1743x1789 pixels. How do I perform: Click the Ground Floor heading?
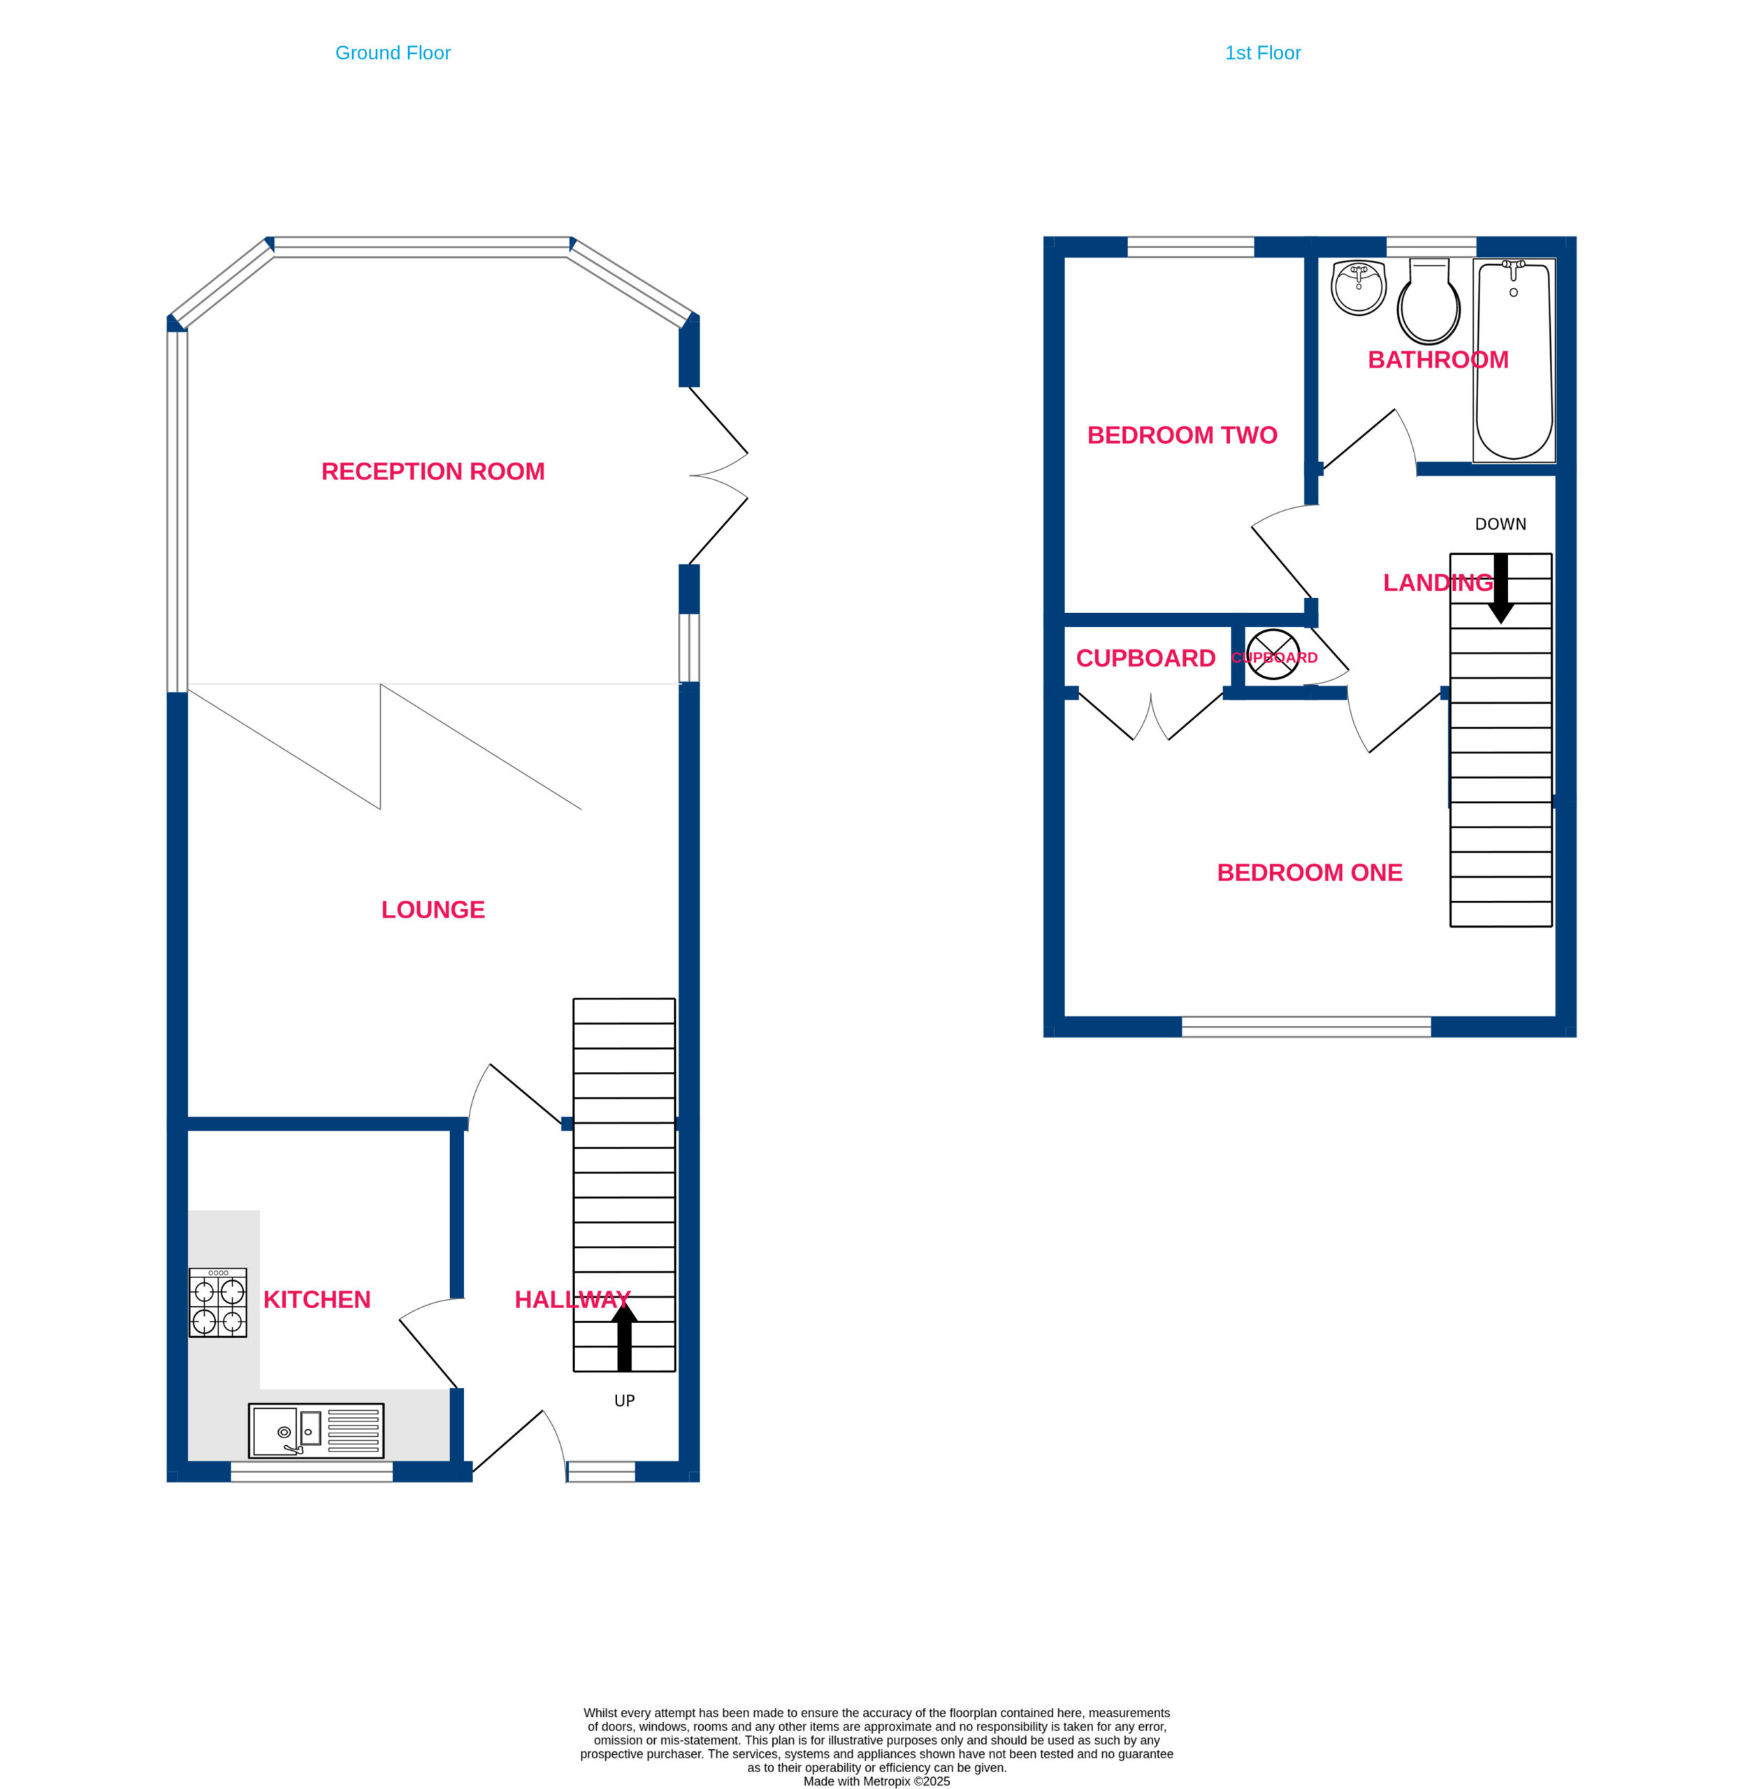tap(393, 53)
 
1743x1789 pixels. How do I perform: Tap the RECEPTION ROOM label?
tap(433, 472)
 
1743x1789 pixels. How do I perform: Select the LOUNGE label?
tap(433, 909)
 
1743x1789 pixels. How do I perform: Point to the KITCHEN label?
tap(317, 1299)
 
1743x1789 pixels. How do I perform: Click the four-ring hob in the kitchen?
tap(218, 1302)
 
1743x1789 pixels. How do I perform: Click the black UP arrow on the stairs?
tap(624, 1337)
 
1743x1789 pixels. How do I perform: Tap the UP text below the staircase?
tap(624, 1401)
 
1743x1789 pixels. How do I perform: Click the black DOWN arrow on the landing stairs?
tap(1500, 588)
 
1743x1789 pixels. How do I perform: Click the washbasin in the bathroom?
tap(1359, 287)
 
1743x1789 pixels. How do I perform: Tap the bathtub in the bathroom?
tap(1514, 360)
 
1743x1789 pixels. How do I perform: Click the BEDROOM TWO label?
tap(1182, 435)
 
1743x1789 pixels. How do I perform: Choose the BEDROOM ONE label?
tap(1309, 873)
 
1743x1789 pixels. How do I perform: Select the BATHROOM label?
tap(1438, 360)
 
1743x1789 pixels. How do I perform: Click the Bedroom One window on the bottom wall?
tap(1306, 1027)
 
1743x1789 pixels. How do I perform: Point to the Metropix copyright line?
tap(876, 1781)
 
